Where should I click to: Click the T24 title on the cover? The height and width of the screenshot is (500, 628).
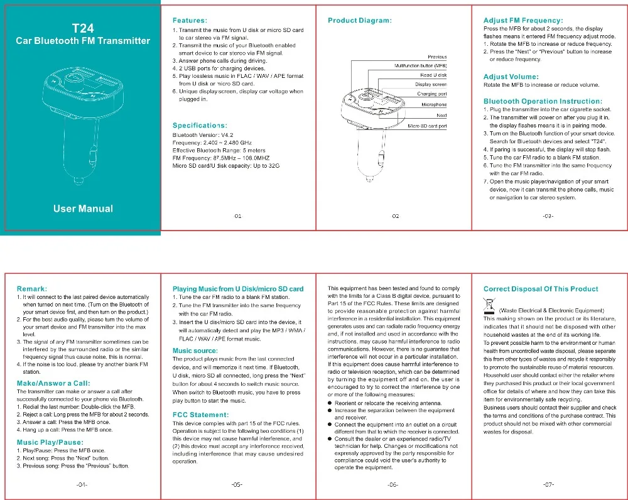pos(83,28)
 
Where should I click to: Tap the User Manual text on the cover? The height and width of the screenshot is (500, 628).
pos(83,209)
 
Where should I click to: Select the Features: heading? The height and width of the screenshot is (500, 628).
pos(190,21)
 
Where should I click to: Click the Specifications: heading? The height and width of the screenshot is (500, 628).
pos(200,126)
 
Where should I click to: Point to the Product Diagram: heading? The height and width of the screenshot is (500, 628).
pos(360,21)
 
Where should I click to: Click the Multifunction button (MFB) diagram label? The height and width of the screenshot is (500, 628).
pos(421,66)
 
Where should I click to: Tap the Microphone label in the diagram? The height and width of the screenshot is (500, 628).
pos(434,104)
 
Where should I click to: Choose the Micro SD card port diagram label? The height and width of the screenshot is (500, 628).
pos(427,126)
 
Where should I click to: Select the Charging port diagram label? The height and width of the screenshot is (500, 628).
pos(432,94)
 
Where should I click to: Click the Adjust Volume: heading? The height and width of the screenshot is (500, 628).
pos(511,77)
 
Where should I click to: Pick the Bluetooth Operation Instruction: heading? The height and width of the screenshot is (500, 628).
pos(543,101)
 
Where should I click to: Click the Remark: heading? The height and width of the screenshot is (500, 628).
pos(32,289)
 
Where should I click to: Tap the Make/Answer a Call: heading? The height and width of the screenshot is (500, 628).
pos(53,383)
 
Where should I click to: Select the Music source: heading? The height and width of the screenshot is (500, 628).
pos(195,351)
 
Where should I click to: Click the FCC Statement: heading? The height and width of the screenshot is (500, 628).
pos(201,415)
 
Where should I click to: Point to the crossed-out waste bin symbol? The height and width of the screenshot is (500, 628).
pos(489,306)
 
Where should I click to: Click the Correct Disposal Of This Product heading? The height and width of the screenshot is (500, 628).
pos(541,289)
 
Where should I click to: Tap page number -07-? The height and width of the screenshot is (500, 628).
pos(548,485)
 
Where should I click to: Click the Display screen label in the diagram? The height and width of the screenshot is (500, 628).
pos(431,85)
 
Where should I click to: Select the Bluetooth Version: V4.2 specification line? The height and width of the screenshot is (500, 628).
pos(203,135)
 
